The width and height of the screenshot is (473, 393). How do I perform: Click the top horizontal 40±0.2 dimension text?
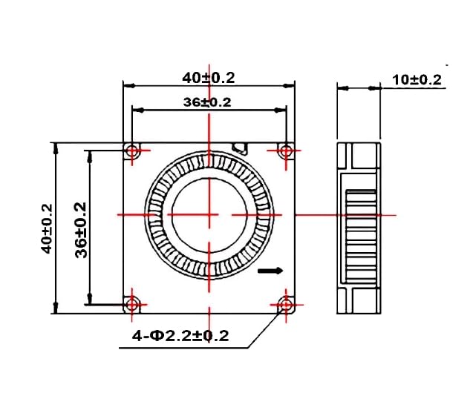(209, 76)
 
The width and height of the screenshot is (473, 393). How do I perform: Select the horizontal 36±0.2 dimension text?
(207, 102)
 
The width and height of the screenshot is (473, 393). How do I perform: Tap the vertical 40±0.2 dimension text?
(46, 228)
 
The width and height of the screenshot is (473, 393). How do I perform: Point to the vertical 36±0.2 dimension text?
(81, 229)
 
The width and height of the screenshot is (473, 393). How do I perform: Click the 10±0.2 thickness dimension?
(417, 79)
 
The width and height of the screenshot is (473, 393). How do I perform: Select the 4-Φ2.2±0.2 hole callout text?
(180, 336)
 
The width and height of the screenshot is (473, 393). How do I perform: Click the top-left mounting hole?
(133, 151)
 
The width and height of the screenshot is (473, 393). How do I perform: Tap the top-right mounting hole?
(287, 151)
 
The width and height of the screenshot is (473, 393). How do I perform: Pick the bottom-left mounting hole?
(133, 303)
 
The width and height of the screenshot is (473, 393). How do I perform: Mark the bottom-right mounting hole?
(287, 303)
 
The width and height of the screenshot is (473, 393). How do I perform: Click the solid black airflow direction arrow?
(271, 272)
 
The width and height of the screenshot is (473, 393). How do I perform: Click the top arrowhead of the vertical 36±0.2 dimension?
(90, 154)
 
